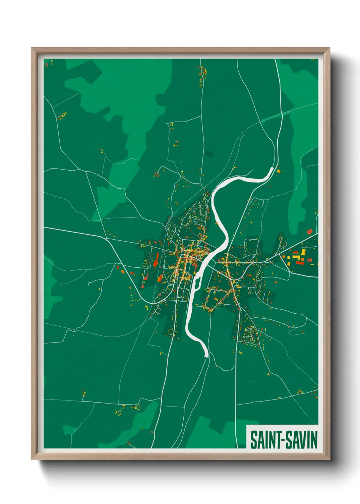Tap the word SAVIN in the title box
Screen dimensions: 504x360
tap(301, 440)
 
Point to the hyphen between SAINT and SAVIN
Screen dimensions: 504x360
tap(282, 440)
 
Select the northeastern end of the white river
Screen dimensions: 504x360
tap(272, 169)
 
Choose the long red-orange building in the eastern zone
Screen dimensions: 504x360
tap(299, 262)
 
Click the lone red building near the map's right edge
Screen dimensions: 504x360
tap(310, 232)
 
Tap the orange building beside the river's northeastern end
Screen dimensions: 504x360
tap(278, 171)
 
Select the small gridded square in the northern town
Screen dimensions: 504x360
tap(195, 221)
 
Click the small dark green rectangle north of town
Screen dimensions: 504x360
tap(209, 154)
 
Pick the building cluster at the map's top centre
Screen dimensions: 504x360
tap(203, 73)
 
